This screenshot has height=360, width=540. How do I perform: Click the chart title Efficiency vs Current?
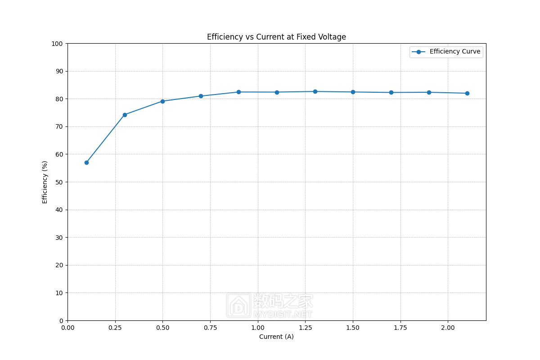point(276,37)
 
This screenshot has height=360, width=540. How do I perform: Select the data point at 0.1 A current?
point(86,162)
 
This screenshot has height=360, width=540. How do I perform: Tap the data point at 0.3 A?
point(125,115)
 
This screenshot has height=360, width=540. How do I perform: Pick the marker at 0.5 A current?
point(162,101)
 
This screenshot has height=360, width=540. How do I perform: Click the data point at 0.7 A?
point(201,96)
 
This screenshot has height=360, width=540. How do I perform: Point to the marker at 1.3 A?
point(315,91)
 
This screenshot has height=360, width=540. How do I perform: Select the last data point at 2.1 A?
point(467,93)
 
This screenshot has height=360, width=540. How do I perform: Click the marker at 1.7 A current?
point(391,92)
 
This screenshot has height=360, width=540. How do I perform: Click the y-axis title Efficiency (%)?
point(45,182)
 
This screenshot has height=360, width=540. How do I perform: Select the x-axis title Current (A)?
point(276,337)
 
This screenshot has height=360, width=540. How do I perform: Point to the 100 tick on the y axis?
point(57,44)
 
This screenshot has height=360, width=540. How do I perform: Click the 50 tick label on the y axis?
point(58,182)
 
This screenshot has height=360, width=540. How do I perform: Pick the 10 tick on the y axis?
point(58,293)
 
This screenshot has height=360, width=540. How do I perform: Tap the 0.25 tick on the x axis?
point(115,328)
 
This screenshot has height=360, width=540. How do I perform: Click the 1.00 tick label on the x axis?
point(258,328)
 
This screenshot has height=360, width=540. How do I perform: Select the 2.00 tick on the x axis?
point(448,328)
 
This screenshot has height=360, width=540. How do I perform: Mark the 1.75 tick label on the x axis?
point(400,328)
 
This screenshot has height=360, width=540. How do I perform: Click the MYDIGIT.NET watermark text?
point(283,314)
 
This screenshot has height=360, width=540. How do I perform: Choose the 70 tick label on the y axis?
point(58,126)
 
